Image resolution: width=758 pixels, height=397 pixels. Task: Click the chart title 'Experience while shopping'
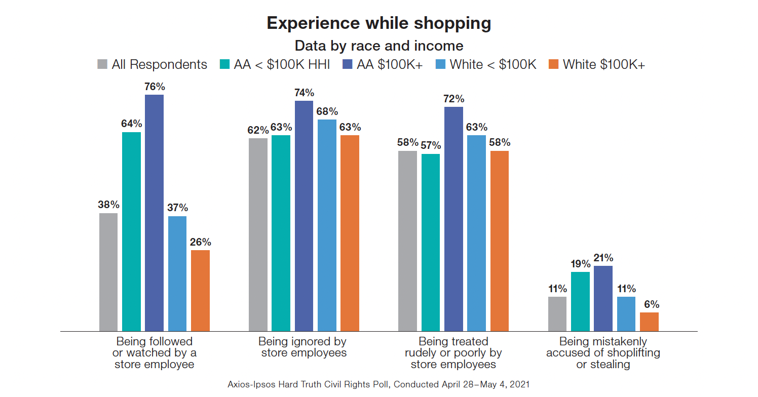coord(378,23)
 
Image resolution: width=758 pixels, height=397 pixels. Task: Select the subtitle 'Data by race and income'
coord(378,46)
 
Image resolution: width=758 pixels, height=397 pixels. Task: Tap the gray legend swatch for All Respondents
coord(102,65)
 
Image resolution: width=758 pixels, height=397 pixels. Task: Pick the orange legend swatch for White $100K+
coord(553,65)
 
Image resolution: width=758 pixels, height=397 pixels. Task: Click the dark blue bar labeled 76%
coord(154,213)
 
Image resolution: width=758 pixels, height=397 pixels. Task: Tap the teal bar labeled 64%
coord(131,231)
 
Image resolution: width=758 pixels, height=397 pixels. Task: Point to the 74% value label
coord(304,93)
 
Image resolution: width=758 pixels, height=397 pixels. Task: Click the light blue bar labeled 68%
coord(327,225)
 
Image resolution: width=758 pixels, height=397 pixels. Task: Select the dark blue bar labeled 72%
coord(453,219)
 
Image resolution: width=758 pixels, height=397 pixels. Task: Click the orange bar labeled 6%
coord(649,322)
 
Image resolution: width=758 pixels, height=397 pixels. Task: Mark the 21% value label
coord(603,258)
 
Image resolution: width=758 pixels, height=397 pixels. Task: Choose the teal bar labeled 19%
coord(580,301)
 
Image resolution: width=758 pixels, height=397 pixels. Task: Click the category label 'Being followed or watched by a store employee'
coord(155,353)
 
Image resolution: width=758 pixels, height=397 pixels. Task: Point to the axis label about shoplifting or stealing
coord(603,353)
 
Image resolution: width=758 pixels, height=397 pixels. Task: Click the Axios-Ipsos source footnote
coord(378,384)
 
